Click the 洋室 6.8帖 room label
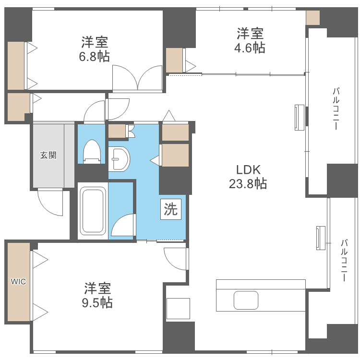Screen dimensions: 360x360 point(94,48)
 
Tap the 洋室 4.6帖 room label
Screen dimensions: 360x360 point(250,40)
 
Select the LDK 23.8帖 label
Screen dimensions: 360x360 point(248,176)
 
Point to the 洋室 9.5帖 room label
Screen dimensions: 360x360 point(98,295)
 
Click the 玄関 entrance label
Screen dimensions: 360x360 point(48,155)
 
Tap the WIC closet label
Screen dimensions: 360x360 point(19,282)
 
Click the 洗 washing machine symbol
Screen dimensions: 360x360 point(171,209)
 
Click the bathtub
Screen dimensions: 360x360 point(92,211)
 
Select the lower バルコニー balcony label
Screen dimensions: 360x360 point(344,260)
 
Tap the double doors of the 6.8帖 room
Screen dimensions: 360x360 point(137,78)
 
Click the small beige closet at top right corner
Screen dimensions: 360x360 point(312,18)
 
